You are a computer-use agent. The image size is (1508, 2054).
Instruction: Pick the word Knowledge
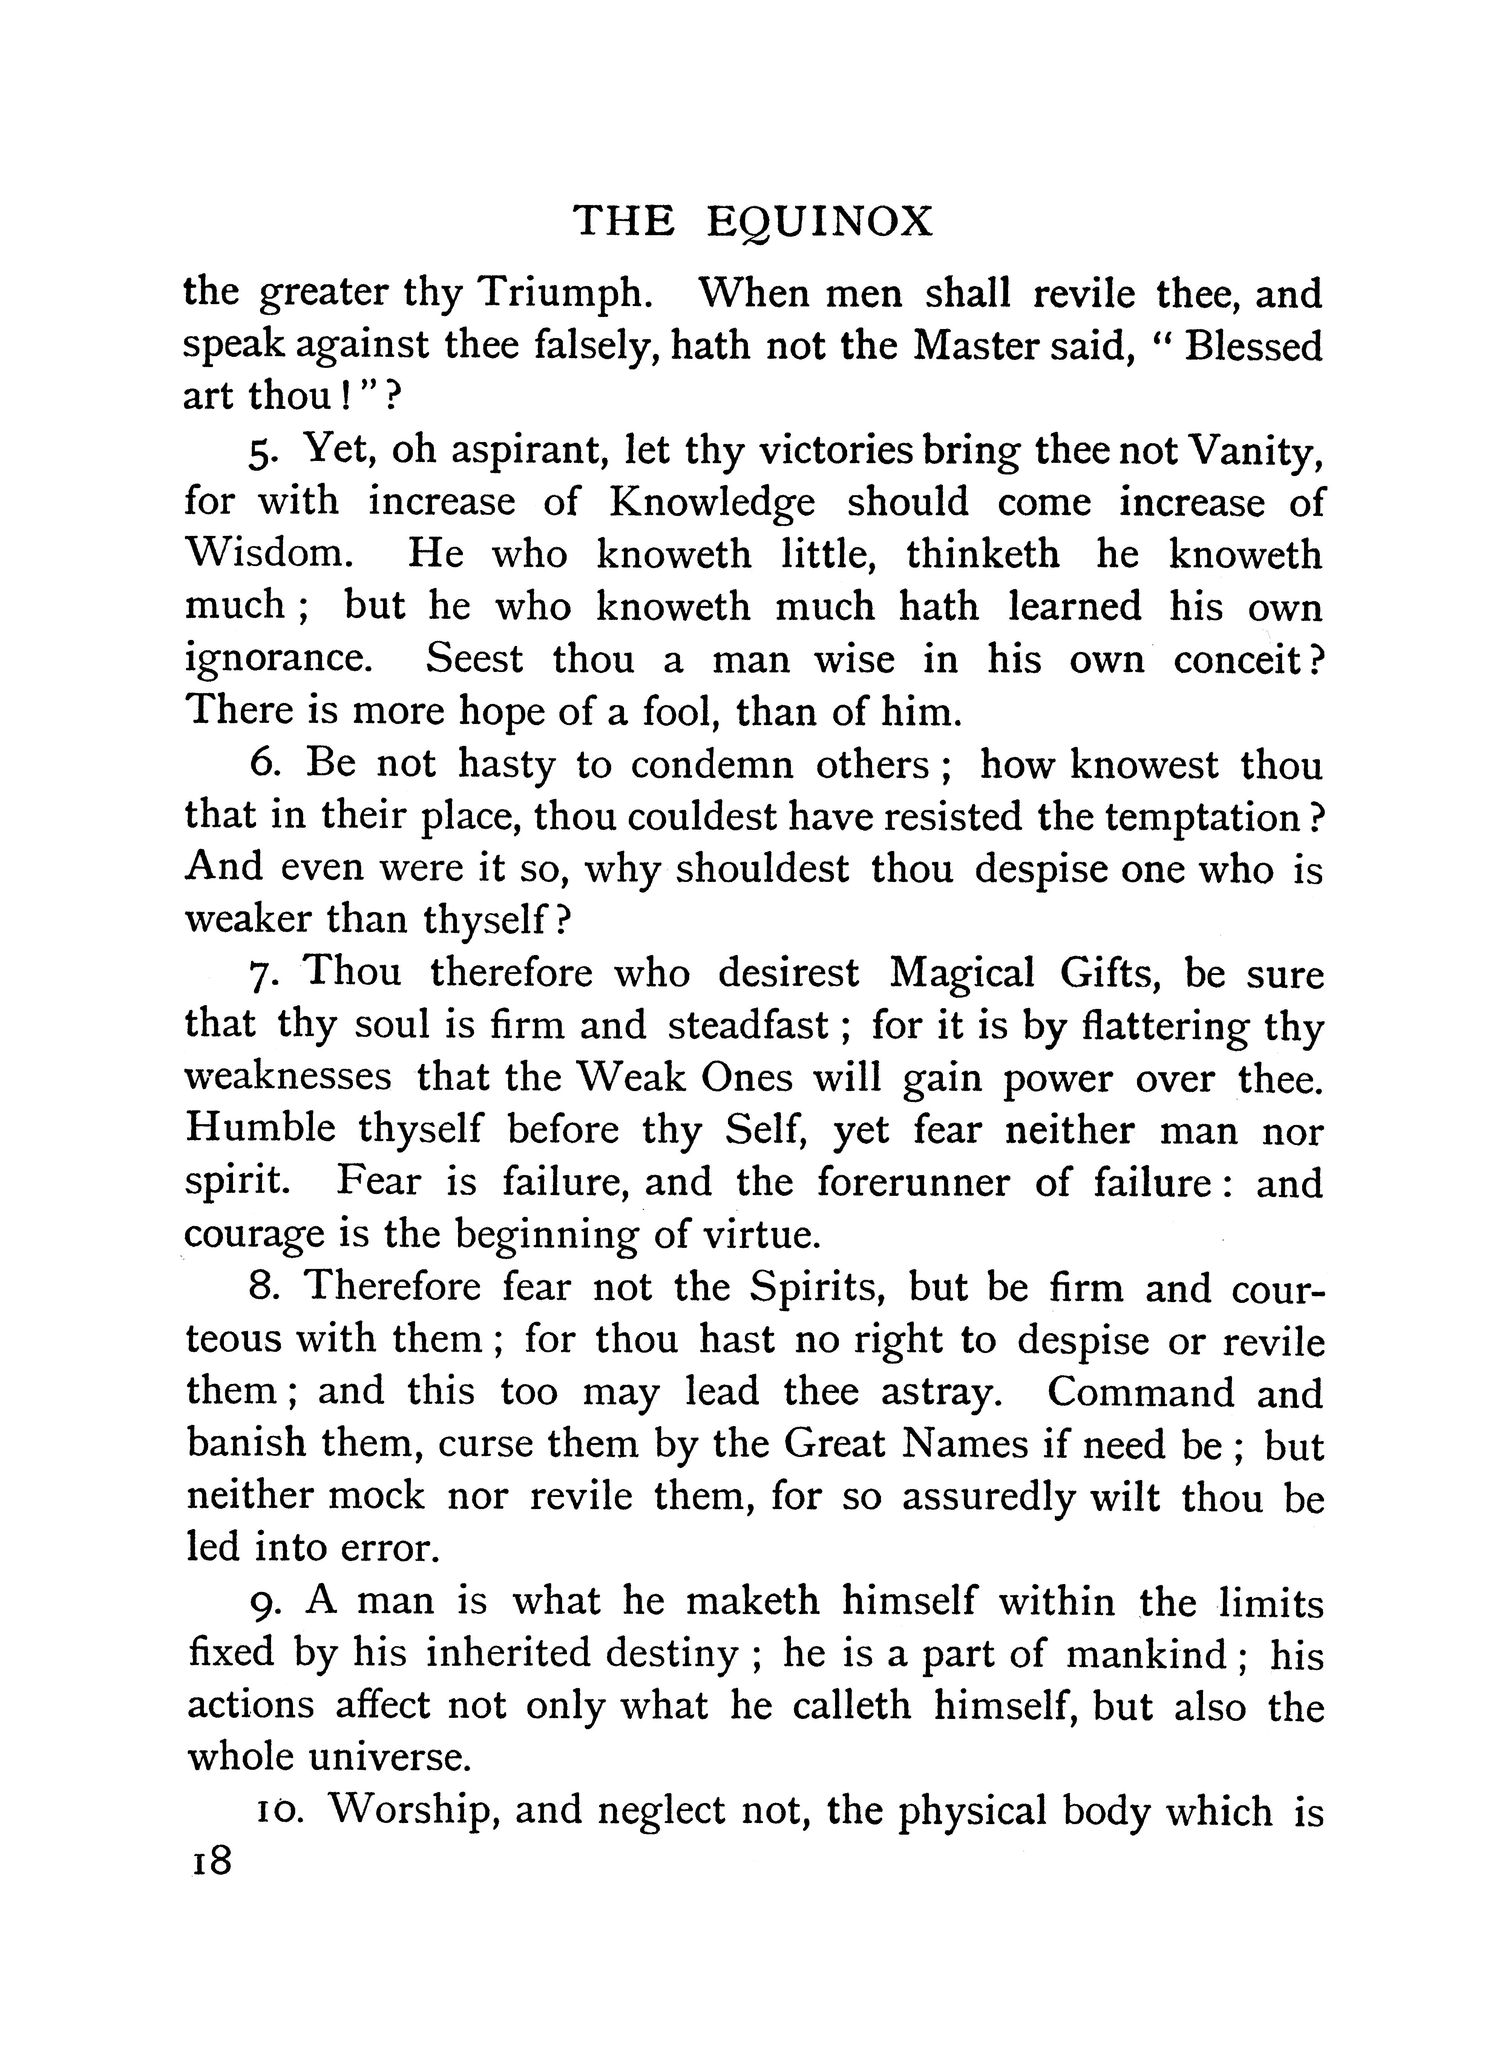[712, 503]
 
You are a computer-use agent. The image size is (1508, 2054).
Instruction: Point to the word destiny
[685, 1653]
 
